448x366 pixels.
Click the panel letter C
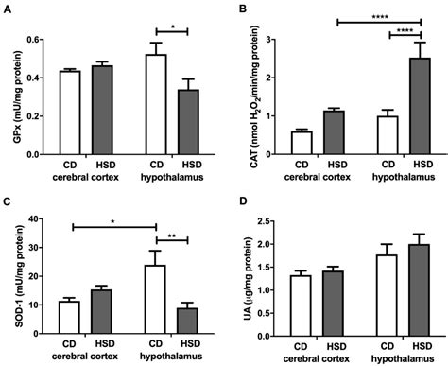pos(8,201)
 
